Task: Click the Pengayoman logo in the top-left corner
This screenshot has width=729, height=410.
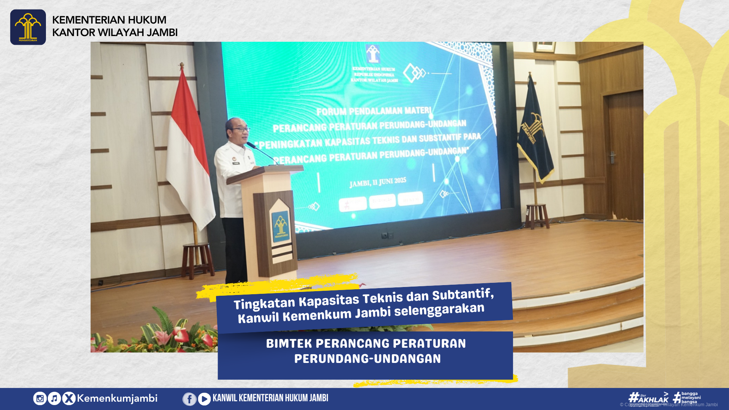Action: (x=28, y=27)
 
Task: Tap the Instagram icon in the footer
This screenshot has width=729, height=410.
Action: (x=40, y=399)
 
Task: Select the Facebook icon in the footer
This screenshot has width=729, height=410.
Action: (x=189, y=399)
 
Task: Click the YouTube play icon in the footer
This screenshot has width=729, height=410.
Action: (x=204, y=399)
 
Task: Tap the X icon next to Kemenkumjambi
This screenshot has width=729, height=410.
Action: (x=69, y=399)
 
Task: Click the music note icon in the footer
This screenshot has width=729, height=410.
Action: (x=54, y=399)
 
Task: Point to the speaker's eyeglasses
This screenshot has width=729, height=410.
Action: (x=241, y=129)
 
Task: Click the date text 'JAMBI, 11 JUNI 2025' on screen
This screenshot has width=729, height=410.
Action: (x=378, y=182)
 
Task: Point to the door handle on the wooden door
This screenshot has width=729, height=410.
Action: (x=612, y=157)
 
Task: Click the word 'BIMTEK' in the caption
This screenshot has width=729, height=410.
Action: (x=289, y=344)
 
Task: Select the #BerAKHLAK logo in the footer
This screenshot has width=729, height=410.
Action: (x=649, y=397)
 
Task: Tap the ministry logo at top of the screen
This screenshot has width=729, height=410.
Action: (x=373, y=54)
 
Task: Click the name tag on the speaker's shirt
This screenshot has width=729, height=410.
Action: (x=236, y=163)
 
